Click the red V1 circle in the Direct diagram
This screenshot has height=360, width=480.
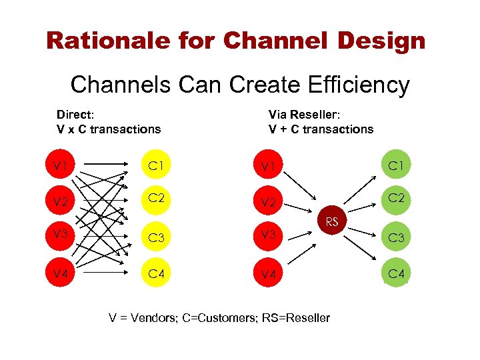[x=61, y=163]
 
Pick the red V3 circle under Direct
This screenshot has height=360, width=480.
[x=61, y=235]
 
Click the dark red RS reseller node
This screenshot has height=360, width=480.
[x=331, y=221]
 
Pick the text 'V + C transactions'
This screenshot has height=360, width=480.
[x=321, y=129]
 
